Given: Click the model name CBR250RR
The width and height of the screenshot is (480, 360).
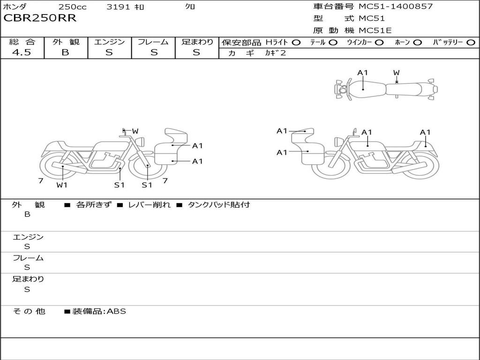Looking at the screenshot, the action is tap(40, 18).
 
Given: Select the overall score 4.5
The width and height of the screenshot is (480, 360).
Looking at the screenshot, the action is tap(22, 52).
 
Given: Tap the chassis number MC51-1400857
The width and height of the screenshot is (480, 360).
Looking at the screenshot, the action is tap(396, 7).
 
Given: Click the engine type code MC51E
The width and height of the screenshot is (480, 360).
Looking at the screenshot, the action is tap(375, 30).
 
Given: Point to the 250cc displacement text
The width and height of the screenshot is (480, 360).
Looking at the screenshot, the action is tap(73, 7).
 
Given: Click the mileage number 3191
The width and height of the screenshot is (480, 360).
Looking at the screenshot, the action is tap(118, 7).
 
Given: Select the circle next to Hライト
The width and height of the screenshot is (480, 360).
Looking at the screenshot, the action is tap(296, 43).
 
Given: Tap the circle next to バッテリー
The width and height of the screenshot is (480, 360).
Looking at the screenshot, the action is tap(471, 43).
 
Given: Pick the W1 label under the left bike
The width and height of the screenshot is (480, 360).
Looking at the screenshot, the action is tap(62, 185).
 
